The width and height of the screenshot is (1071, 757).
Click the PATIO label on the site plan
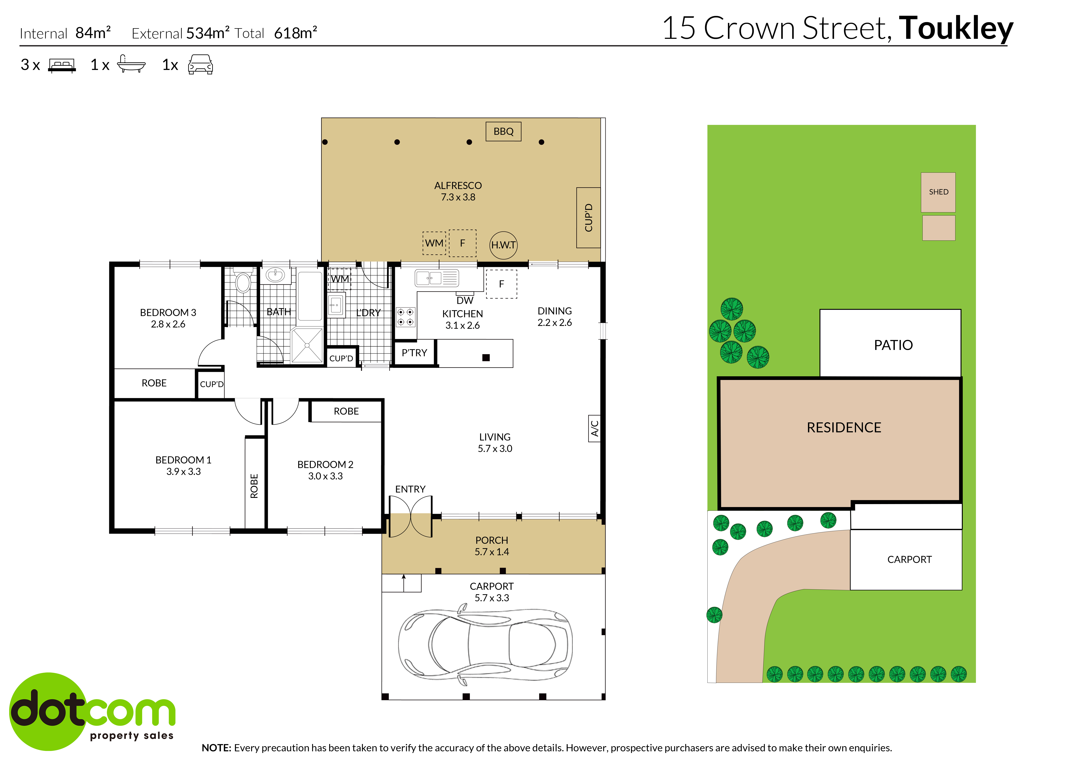click(x=893, y=345)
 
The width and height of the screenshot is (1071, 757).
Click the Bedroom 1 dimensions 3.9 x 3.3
click(x=183, y=472)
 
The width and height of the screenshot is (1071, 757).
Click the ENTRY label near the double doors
click(x=410, y=489)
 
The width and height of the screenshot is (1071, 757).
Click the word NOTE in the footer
click(x=216, y=748)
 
